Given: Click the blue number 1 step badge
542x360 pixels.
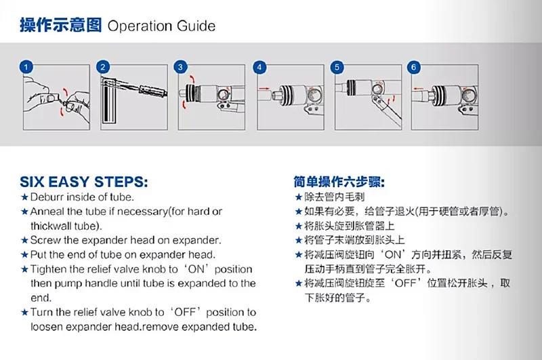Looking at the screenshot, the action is (x=26, y=66).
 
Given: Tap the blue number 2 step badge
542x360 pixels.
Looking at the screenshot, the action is (x=103, y=66).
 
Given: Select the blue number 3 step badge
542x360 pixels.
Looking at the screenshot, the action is (x=180, y=66).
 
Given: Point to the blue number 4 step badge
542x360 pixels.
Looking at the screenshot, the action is (x=259, y=66).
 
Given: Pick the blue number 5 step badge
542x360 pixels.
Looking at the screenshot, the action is (x=337, y=66).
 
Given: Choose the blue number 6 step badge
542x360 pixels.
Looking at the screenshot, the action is (x=414, y=66).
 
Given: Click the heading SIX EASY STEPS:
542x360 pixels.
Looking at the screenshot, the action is (x=84, y=182).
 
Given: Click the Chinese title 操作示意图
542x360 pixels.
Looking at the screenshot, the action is (x=61, y=25).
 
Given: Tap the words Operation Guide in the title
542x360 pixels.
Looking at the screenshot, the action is (x=161, y=26).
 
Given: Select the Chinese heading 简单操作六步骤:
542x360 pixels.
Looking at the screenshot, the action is (x=339, y=182).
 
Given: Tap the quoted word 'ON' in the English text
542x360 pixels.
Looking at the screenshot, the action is (x=196, y=269).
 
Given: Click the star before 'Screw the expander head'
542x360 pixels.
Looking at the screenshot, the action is (x=24, y=240).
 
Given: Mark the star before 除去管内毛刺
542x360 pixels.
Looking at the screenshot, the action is (x=299, y=197).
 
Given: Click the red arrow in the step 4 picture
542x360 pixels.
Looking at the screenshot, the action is (x=264, y=89).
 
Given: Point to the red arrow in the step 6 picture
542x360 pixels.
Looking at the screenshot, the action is (x=418, y=89).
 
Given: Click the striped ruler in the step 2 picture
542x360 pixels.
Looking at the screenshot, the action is (x=108, y=100).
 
